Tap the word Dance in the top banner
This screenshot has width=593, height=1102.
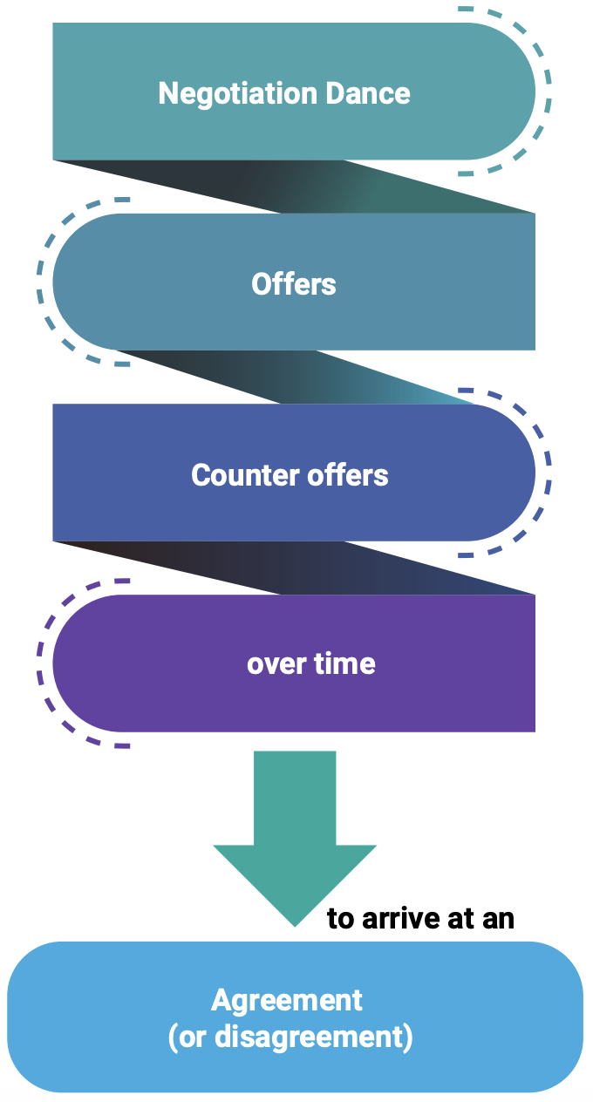(371, 93)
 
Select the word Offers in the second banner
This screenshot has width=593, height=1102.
(294, 284)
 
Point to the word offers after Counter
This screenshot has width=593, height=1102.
(345, 475)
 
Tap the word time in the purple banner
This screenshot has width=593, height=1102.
(344, 664)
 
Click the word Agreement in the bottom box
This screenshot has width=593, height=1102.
(287, 1000)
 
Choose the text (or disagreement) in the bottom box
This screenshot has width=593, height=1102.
(290, 1037)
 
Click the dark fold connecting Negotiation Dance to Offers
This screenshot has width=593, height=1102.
(296, 187)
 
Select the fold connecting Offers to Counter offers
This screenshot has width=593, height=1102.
(296, 377)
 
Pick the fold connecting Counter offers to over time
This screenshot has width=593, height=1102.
(296, 568)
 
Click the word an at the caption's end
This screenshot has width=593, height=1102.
(499, 918)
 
